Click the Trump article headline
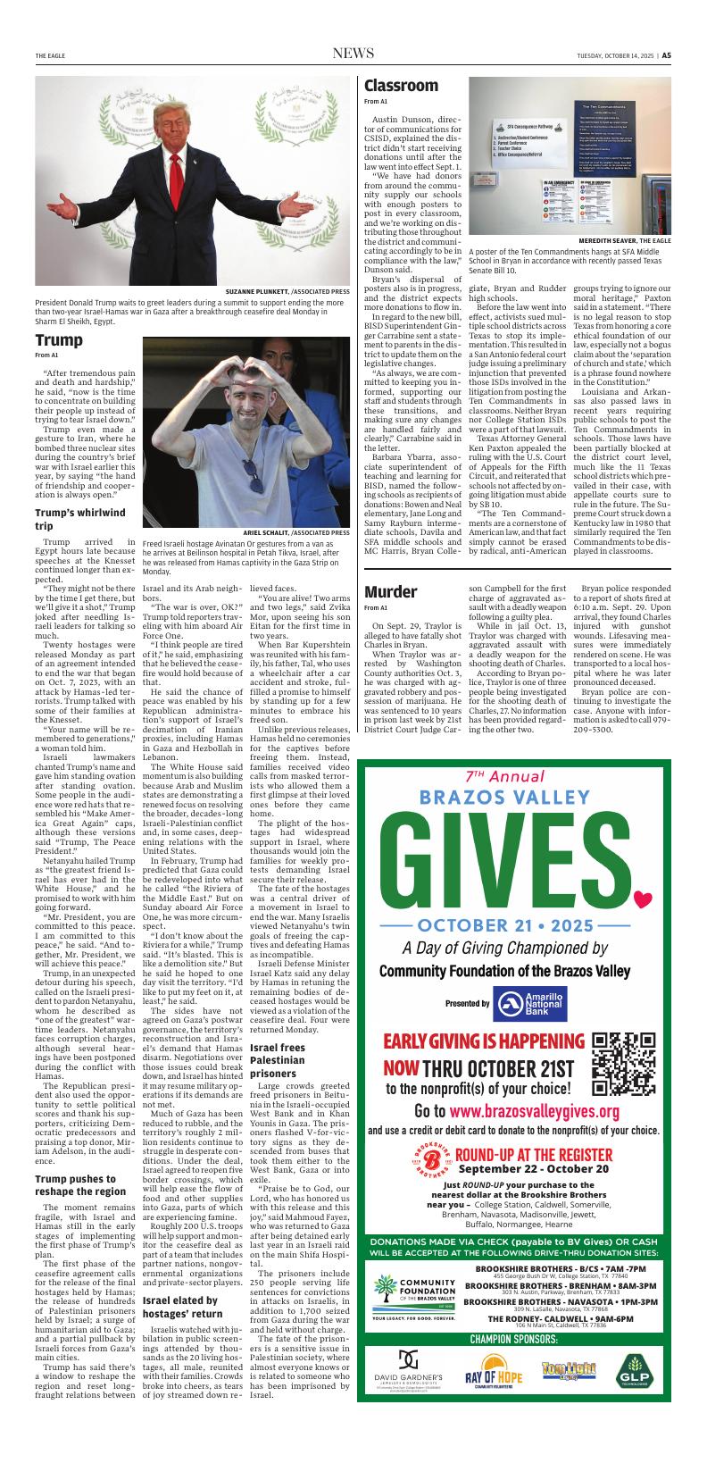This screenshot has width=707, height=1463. [x=59, y=340]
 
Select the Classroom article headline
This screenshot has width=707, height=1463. [x=401, y=86]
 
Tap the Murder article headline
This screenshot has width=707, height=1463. [x=390, y=591]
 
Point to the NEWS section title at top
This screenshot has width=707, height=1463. [x=353, y=54]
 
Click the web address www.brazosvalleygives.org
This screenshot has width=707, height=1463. [x=534, y=1111]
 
